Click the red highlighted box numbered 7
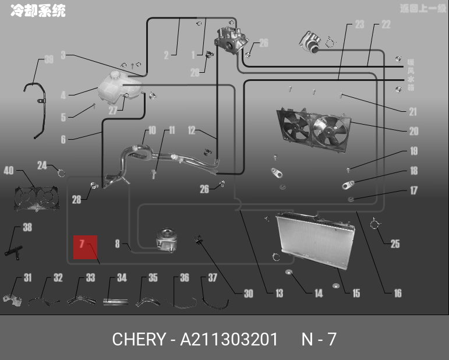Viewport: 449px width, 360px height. point(84,247)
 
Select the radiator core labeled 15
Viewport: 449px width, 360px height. point(315,238)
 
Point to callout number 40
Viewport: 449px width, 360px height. point(9,171)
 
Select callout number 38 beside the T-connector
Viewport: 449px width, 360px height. point(27,228)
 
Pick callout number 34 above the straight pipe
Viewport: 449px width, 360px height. point(122,278)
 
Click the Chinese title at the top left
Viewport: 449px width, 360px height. point(38,10)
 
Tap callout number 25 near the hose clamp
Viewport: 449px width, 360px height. point(395,244)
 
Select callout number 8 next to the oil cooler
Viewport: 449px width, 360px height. point(117,244)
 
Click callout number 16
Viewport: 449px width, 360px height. point(398,293)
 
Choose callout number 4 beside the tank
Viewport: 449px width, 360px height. point(63,95)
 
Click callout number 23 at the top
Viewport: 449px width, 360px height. point(359,24)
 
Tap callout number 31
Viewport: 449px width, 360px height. point(27,278)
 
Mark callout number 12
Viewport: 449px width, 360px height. point(192,131)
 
